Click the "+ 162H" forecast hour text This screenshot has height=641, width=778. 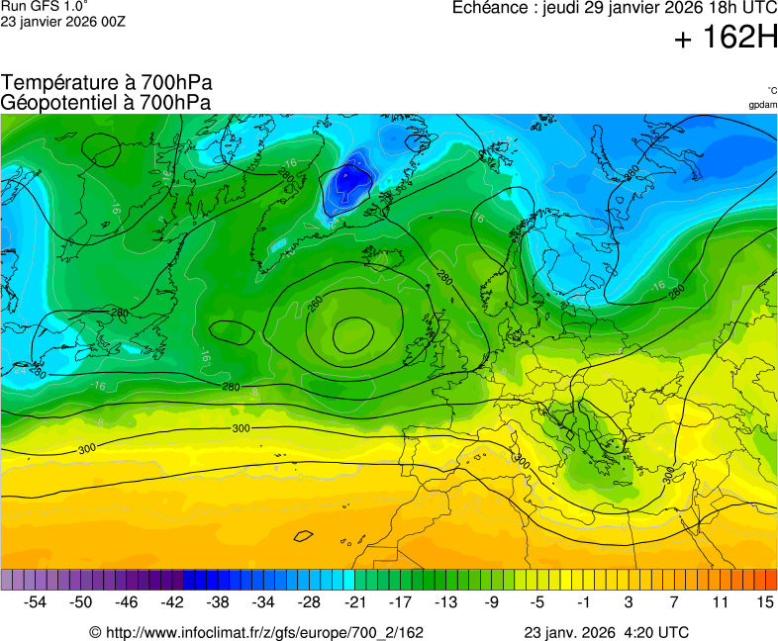tap(725, 39)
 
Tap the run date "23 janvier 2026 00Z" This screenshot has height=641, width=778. tap(63, 22)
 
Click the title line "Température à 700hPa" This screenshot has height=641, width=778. tap(106, 83)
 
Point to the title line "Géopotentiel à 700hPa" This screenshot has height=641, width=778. tap(106, 102)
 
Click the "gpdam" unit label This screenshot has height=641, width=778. tap(762, 104)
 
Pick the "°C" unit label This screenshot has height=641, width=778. tap(771, 90)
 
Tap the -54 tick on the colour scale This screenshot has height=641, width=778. tap(36, 601)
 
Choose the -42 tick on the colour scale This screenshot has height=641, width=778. tap(172, 601)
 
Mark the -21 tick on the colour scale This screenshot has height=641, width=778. tap(354, 601)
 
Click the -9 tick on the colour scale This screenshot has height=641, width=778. tap(491, 601)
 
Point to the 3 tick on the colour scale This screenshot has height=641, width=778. tap(628, 601)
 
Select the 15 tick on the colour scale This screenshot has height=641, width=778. tap(764, 601)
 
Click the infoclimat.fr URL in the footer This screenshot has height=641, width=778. tap(256, 632)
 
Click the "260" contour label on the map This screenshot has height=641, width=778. tap(315, 301)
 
